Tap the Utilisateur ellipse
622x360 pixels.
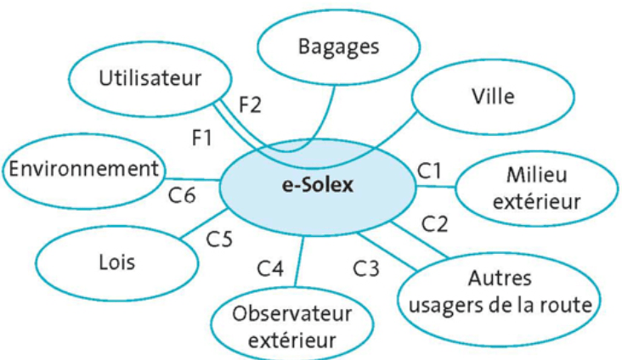(x=150, y=80)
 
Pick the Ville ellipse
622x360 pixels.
(x=492, y=96)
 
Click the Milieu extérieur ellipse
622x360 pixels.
(x=534, y=189)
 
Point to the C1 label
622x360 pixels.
(x=430, y=171)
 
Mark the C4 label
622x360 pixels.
(x=270, y=269)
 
